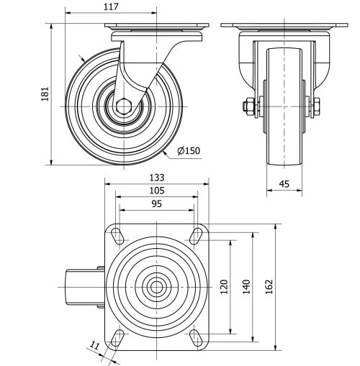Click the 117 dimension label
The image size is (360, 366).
110,6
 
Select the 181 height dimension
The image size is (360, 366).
45,94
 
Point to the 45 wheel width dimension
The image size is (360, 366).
284,185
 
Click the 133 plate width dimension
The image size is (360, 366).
157,178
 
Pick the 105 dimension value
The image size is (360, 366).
157,191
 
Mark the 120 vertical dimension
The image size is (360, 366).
224,286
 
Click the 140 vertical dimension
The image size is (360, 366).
246,286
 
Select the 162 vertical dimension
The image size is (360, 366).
269,286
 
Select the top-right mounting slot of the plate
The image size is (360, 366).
195,234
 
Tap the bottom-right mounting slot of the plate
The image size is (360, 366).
195,337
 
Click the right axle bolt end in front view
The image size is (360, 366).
318,107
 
